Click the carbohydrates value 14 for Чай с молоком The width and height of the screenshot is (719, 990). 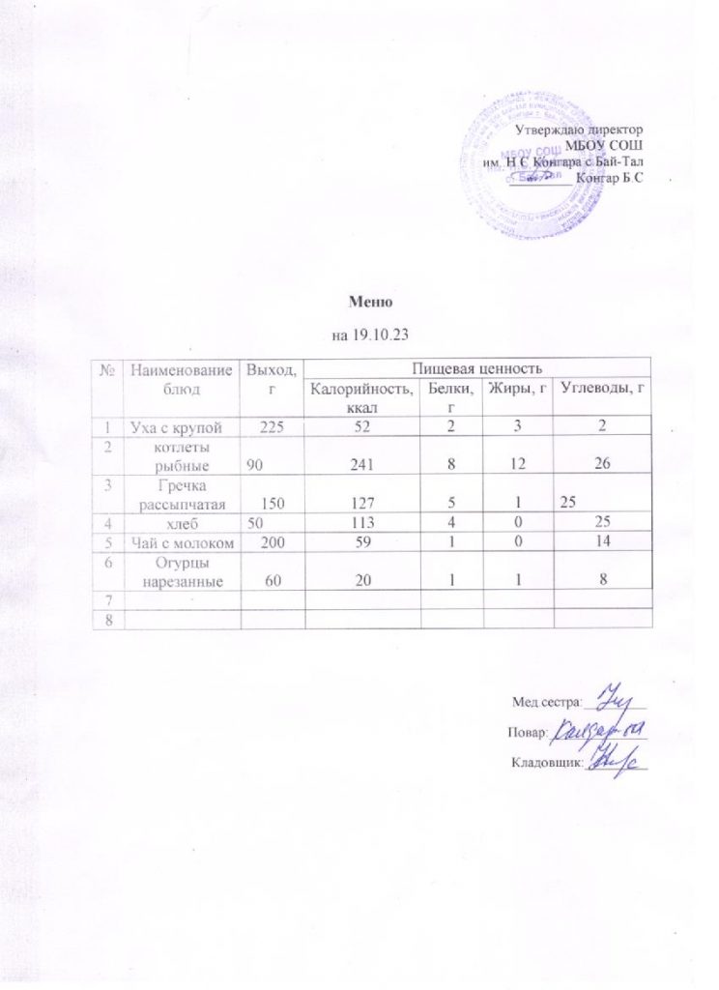604,542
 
